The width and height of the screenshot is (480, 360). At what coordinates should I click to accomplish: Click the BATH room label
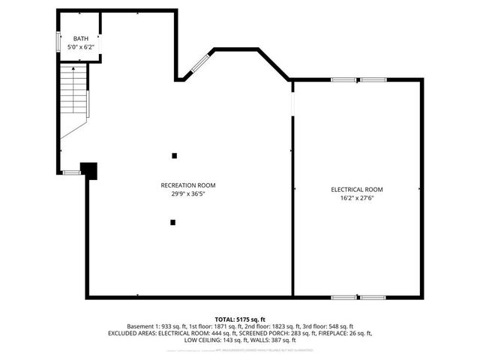coord(79,38)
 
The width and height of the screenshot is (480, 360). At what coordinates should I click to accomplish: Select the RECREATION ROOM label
coord(188,185)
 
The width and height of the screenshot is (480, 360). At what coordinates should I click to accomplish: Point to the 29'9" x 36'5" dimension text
coord(188,193)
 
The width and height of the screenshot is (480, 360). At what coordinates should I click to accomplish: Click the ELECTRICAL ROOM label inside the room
coord(357,190)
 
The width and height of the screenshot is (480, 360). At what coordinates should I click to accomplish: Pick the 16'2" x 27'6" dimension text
coord(357,198)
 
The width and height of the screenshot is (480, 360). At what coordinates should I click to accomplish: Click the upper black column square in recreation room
coord(175,156)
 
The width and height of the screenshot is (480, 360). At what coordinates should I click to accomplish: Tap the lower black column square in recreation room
coord(173,222)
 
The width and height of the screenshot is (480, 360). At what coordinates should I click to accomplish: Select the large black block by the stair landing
coord(88,171)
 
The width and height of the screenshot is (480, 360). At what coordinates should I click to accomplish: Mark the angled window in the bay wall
coord(200,63)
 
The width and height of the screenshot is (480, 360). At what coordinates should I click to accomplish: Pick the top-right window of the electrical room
coord(373,79)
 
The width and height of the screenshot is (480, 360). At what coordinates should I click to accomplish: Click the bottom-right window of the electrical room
coord(373,297)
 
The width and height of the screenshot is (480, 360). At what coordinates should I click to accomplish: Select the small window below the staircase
coord(71,172)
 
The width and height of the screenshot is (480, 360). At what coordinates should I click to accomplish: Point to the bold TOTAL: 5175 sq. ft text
coord(240,319)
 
